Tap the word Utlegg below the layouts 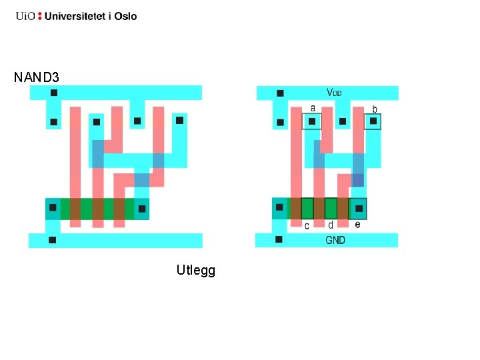[195, 270]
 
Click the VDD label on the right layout [334, 93]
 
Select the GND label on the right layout [335, 240]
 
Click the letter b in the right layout [375, 108]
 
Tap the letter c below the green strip [307, 226]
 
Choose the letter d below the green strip [331, 225]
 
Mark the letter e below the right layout [358, 225]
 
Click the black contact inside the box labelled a [311, 121]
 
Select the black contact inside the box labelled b [373, 121]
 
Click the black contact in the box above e [358, 209]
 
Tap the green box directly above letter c [307, 208]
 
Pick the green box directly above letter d [331, 208]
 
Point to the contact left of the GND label [279, 239]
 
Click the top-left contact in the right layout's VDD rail [280, 93]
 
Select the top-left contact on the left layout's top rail [54, 93]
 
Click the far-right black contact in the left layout [179, 121]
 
